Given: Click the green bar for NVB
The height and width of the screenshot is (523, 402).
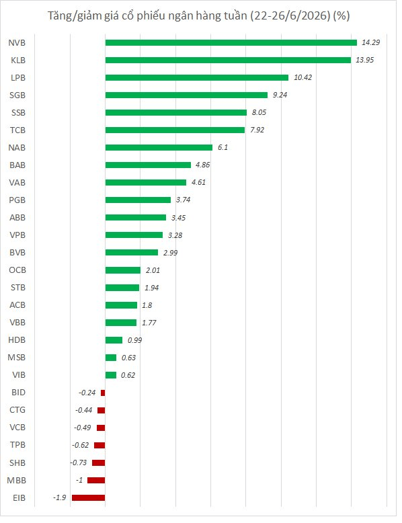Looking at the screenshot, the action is point(231,43).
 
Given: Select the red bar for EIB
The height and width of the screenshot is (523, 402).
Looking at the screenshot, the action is point(89,497).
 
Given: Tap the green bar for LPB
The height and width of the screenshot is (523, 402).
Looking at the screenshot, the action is point(197,78).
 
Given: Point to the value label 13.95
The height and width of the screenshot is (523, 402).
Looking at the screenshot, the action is point(364,60).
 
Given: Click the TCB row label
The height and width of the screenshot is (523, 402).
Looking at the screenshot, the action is point(17,130).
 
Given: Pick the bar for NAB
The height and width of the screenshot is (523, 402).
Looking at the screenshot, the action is point(159,147).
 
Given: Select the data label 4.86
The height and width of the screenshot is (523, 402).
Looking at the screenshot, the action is point(202,165).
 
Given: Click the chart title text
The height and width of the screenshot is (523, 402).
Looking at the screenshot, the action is point(198,15).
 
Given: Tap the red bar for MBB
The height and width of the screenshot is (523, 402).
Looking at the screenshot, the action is point(96,480).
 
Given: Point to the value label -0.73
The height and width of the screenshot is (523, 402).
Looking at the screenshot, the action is point(79,462).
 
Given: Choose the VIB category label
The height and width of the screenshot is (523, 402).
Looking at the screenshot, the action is point(19,375).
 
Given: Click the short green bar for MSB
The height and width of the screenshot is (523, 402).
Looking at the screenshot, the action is point(111,358).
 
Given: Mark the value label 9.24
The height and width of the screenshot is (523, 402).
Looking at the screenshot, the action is point(280,95).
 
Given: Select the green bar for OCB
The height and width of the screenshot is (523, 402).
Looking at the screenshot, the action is point(123,270).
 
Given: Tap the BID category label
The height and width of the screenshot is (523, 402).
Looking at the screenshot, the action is point(18,393).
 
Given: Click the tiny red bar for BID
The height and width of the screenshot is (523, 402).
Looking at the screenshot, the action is point(103,393).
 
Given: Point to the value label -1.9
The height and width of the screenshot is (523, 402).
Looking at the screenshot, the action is point(60,497).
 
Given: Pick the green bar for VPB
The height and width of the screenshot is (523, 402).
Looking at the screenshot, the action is point(134,235).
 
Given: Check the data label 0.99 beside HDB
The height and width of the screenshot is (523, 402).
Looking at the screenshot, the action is point(134,340).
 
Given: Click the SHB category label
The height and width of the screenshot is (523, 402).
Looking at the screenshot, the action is point(17,463).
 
